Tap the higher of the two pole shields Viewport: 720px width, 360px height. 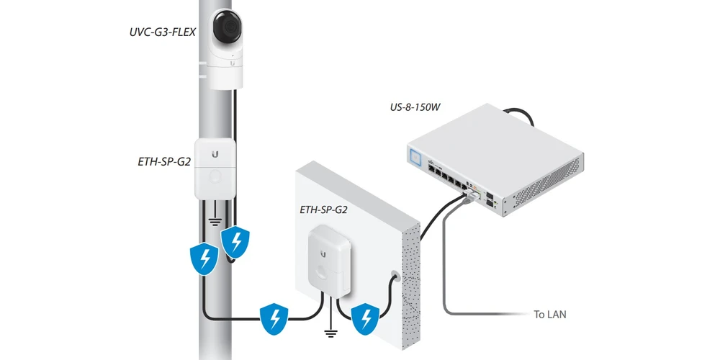click(235, 241)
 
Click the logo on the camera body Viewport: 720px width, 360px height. click(232, 63)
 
